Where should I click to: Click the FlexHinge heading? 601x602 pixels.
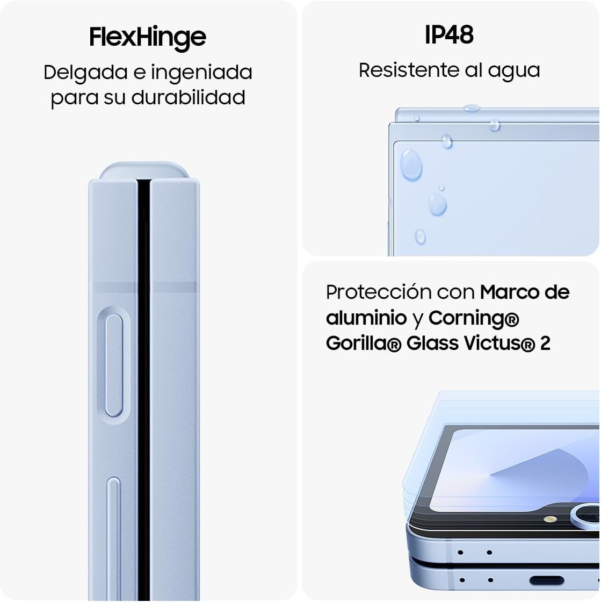pyautogui.click(x=147, y=37)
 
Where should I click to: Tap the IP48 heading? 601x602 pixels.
pyautogui.click(x=449, y=35)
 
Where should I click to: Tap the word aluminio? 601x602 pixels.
pyautogui.click(x=366, y=318)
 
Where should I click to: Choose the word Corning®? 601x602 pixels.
pyautogui.click(x=474, y=318)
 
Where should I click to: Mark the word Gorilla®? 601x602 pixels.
pyautogui.click(x=364, y=343)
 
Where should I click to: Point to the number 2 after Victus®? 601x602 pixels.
pyautogui.click(x=545, y=343)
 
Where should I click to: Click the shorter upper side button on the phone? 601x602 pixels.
pyautogui.click(x=113, y=365)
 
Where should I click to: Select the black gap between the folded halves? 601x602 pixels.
pyautogui.click(x=143, y=376)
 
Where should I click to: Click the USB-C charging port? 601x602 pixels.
pyautogui.click(x=546, y=580)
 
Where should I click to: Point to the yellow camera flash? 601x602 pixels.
pyautogui.click(x=549, y=520)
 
